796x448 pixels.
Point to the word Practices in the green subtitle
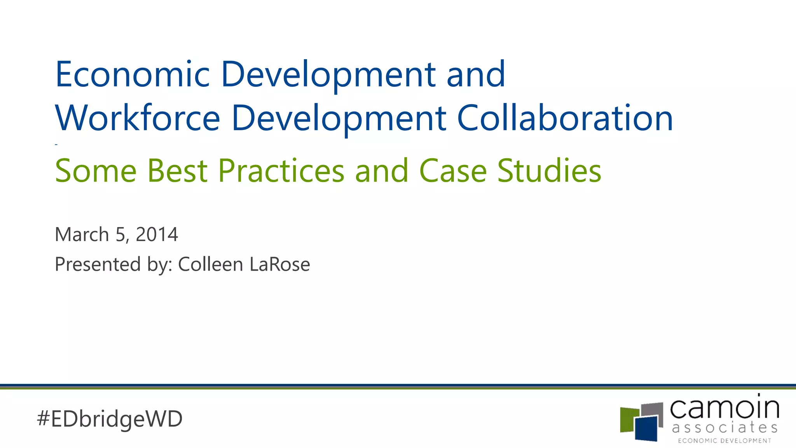pos(281,171)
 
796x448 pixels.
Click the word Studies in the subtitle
pos(549,171)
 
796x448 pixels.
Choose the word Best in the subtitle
pos(177,171)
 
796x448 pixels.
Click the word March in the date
pos(82,234)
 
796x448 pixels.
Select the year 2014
pos(157,234)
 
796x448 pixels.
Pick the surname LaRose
pos(279,264)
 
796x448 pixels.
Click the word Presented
pos(98,264)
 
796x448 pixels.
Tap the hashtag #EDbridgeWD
pos(110,419)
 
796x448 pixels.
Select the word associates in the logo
pos(724,428)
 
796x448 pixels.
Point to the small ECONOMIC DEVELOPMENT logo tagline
pos(724,441)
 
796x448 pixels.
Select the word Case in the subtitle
pos(453,171)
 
